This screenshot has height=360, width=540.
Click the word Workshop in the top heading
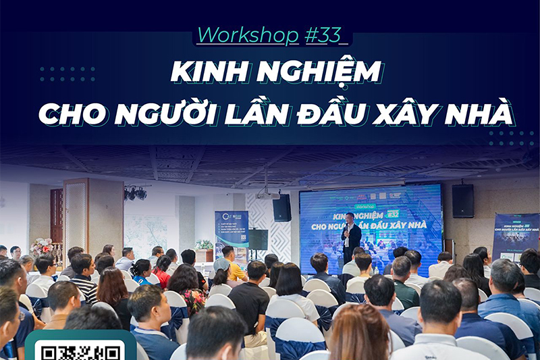[x=248, y=34]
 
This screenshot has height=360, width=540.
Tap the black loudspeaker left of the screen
[x=281, y=207]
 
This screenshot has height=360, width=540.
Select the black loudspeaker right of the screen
[x=462, y=201]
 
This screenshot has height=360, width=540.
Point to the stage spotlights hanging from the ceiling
[x=135, y=193]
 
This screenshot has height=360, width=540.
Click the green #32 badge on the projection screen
[x=392, y=214]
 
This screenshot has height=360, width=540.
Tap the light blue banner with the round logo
[x=232, y=230]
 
